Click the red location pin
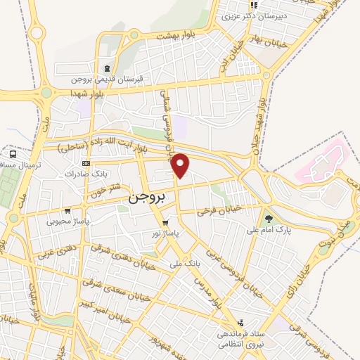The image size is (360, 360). [x=181, y=165]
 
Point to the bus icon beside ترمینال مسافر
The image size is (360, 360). [x=13, y=154]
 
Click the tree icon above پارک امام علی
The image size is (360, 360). [x=268, y=218]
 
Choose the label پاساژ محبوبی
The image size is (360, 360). [x=65, y=221]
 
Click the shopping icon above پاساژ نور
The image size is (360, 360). [x=165, y=223]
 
